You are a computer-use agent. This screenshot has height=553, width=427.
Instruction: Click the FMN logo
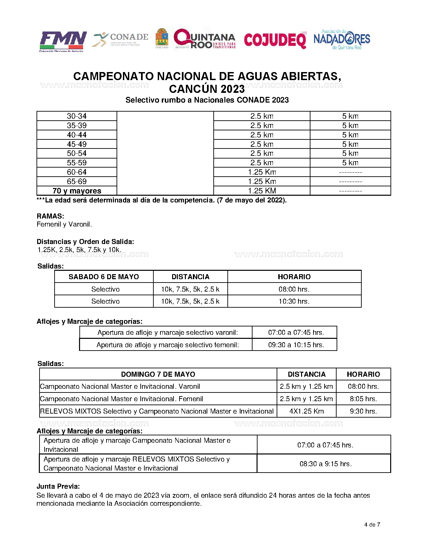63,41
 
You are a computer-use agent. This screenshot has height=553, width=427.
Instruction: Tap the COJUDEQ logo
275,40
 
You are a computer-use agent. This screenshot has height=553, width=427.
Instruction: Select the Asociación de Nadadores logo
342,40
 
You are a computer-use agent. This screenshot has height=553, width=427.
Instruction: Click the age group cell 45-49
77,144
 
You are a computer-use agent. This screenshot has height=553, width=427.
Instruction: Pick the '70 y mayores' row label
77,191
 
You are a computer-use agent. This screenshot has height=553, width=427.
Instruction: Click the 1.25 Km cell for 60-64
262,172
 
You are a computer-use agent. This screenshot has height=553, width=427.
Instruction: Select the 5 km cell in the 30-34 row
350,116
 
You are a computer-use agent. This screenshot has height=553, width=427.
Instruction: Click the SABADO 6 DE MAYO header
104,277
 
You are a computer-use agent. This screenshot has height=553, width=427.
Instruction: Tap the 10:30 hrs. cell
294,301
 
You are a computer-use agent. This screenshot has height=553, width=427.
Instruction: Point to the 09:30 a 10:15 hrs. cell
296,345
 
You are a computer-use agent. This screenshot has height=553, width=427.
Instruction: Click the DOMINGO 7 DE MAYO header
158,374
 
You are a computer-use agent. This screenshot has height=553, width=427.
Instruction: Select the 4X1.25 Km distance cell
306,411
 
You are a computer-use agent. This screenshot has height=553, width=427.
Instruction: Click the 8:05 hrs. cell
363,399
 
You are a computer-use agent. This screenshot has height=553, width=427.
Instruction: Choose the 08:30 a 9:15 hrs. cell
326,464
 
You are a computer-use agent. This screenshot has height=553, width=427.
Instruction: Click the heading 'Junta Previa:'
58,486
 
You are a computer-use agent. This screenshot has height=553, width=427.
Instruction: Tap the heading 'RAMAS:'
50,216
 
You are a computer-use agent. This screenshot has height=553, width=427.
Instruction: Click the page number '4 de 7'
372,525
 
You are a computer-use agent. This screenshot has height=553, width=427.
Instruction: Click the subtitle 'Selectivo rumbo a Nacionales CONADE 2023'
207,100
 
